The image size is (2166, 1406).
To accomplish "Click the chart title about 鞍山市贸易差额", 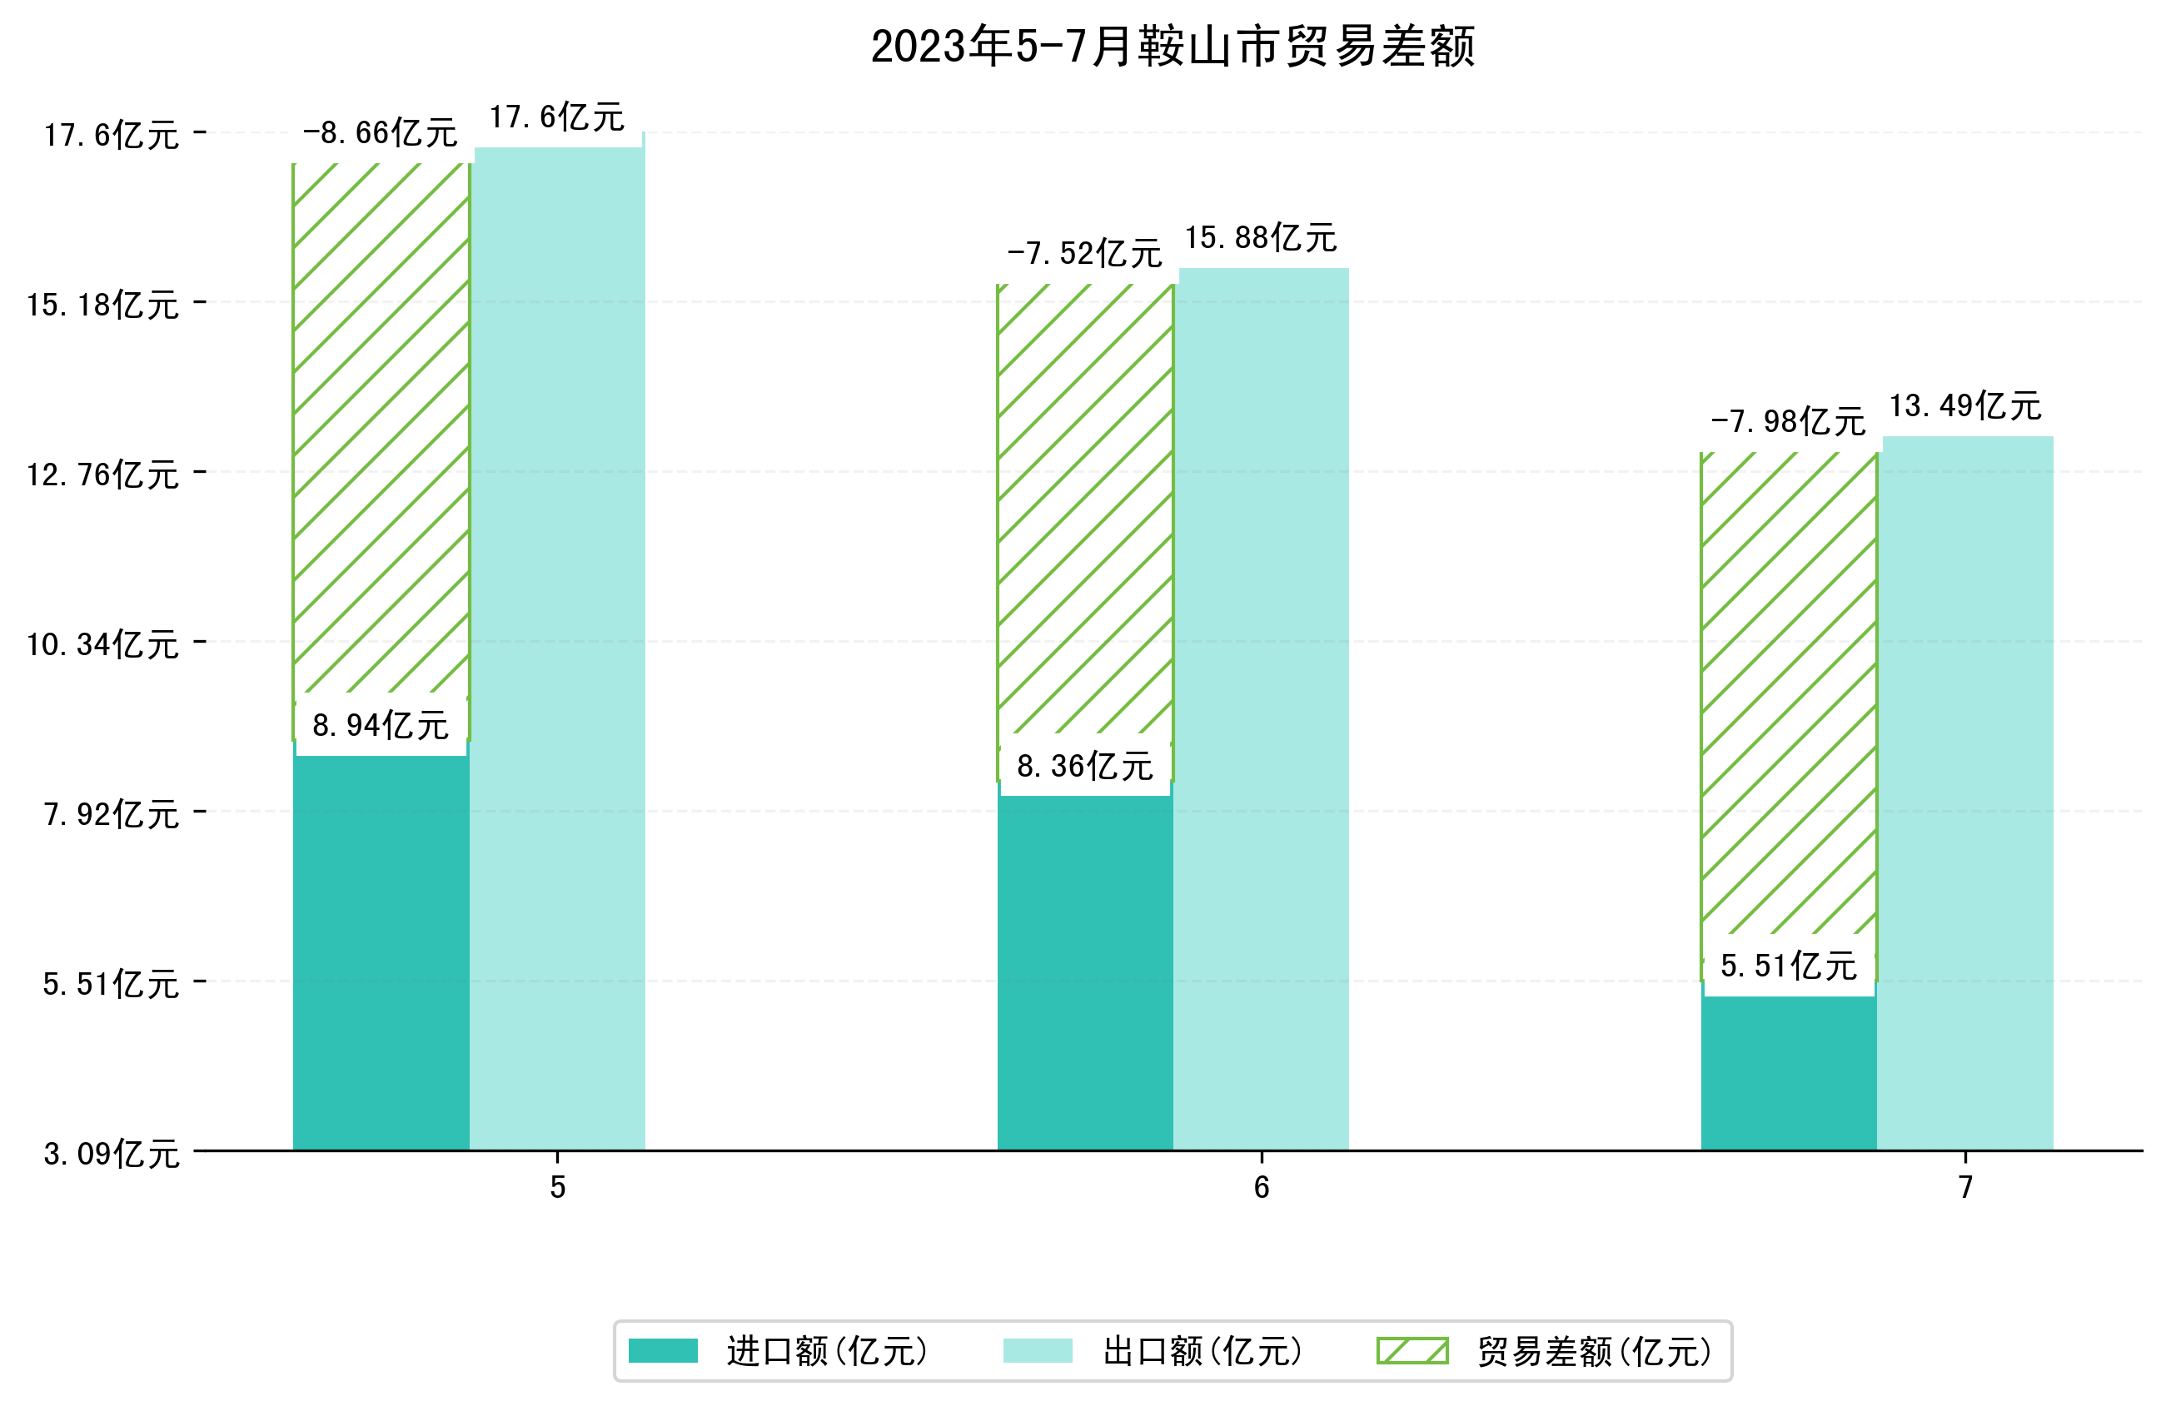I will click(x=1173, y=47).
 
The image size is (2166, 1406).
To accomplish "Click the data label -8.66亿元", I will click(x=380, y=134).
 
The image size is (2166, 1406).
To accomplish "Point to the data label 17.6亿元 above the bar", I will click(x=557, y=117).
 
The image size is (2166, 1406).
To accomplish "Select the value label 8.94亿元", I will click(x=381, y=725).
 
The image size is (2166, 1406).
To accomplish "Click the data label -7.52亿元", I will click(x=1084, y=254).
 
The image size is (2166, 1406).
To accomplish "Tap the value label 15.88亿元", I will click(x=1261, y=238).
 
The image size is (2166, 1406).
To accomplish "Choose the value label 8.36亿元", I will click(x=1085, y=766).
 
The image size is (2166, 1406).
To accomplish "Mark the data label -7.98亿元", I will click(x=1788, y=422).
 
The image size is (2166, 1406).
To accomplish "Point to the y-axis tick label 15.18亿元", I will click(x=102, y=305).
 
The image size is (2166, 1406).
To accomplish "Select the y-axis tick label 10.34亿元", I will click(x=102, y=644).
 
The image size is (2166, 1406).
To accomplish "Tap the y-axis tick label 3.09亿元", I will click(x=111, y=1154).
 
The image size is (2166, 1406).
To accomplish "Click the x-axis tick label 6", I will click(x=1262, y=1188).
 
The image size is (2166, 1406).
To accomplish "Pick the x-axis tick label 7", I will click(x=1966, y=1188).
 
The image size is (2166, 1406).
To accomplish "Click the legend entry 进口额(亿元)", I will click(x=826, y=1350).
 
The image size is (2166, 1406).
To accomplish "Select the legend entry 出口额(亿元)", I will click(x=1203, y=1350).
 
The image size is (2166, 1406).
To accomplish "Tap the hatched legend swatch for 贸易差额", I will click(x=1412, y=1350).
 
